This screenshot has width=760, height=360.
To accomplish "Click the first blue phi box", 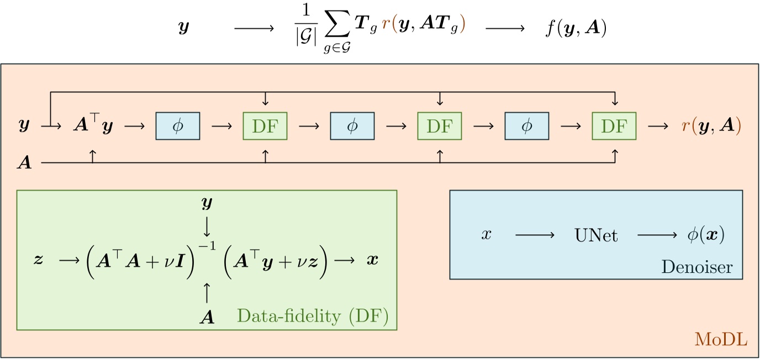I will [x=178, y=126].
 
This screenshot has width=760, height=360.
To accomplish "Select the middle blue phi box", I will [x=352, y=126].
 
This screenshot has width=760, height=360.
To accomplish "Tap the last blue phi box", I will [x=526, y=126].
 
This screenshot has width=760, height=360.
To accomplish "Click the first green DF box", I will [x=265, y=126].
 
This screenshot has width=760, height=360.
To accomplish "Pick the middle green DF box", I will [x=440, y=126].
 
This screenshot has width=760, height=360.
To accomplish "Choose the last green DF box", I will [x=614, y=126].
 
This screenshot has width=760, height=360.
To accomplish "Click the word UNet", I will [x=596, y=236].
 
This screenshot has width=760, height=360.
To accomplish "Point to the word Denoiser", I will [x=697, y=268].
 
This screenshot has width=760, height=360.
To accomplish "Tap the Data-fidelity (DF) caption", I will [x=313, y=316].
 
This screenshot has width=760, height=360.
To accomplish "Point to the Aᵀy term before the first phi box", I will [x=93, y=126].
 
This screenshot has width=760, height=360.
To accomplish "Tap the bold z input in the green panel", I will [x=38, y=260].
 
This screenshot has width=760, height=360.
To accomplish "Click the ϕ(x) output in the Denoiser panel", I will [x=705, y=235].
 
